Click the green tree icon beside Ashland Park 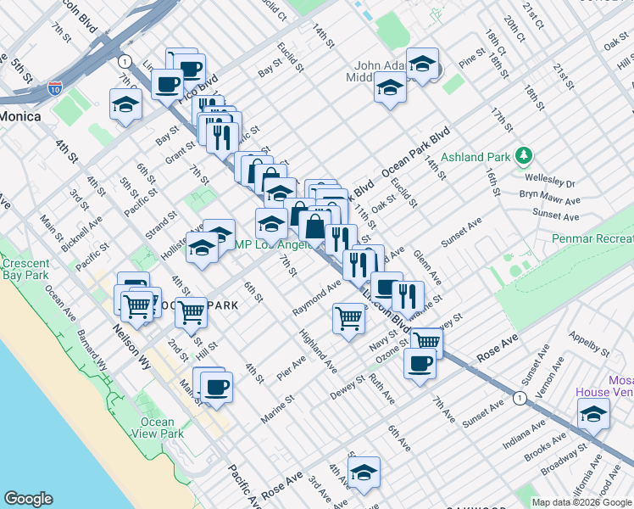[x=525, y=155]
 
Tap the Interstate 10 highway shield [x=55, y=87]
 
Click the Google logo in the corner [x=28, y=499]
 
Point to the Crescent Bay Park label [x=25, y=269]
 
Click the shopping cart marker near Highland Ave [x=348, y=319]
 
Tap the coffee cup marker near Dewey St [x=420, y=364]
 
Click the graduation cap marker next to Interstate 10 [x=125, y=104]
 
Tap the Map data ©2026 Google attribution [x=581, y=502]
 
